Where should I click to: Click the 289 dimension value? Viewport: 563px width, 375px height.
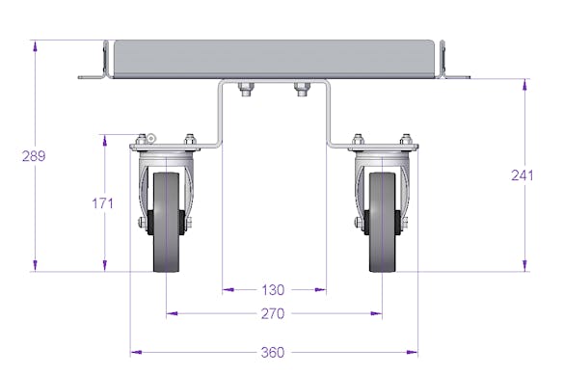tap(34, 156)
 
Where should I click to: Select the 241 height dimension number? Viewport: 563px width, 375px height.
tap(523, 175)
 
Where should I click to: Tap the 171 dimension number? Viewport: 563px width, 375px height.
tap(103, 203)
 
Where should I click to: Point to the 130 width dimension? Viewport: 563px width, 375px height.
tap(273, 290)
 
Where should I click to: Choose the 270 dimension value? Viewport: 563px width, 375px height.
tap(273, 313)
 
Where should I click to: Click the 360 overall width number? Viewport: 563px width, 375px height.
tap(273, 353)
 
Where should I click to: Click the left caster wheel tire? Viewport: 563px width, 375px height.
tap(166, 222)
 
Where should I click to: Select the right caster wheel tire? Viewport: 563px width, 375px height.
tap(382, 222)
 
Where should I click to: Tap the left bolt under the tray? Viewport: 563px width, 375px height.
tap(246, 90)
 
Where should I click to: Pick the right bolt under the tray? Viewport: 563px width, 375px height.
tap(302, 90)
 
